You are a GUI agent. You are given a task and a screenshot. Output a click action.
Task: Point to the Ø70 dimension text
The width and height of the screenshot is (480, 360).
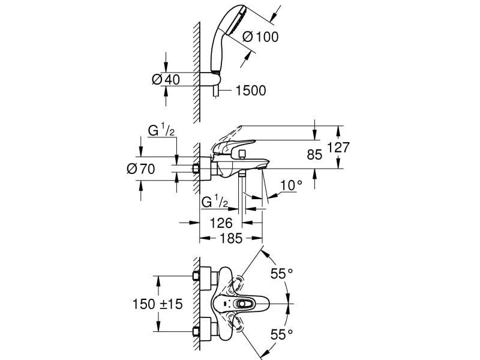click(141, 169)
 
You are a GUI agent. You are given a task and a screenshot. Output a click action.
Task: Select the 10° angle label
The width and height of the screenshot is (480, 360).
click(290, 186)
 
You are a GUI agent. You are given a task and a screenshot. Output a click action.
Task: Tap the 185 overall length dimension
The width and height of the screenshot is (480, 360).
click(230, 238)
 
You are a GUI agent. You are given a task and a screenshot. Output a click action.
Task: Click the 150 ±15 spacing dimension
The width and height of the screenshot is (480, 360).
click(158, 304)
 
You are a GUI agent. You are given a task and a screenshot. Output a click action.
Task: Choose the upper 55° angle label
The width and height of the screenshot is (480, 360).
click(281, 274)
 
